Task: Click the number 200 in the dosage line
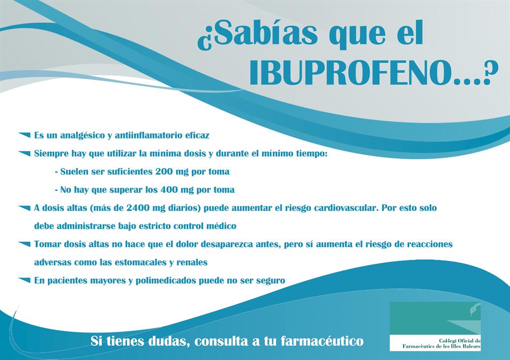coord(164,171)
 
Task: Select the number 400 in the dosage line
coord(169,190)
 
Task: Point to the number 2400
coord(138,208)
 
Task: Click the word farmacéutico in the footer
coord(322,341)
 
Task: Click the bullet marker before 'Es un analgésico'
coord(24,134)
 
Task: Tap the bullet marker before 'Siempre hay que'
coord(24,153)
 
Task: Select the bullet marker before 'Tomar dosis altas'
coord(24,243)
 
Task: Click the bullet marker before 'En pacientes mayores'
coord(24,280)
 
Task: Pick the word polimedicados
coord(165,281)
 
